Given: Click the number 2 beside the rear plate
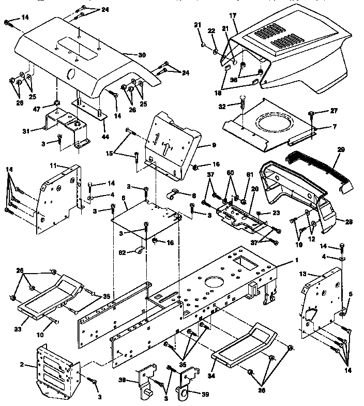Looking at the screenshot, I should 22,365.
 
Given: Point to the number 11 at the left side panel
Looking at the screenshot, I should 53,165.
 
